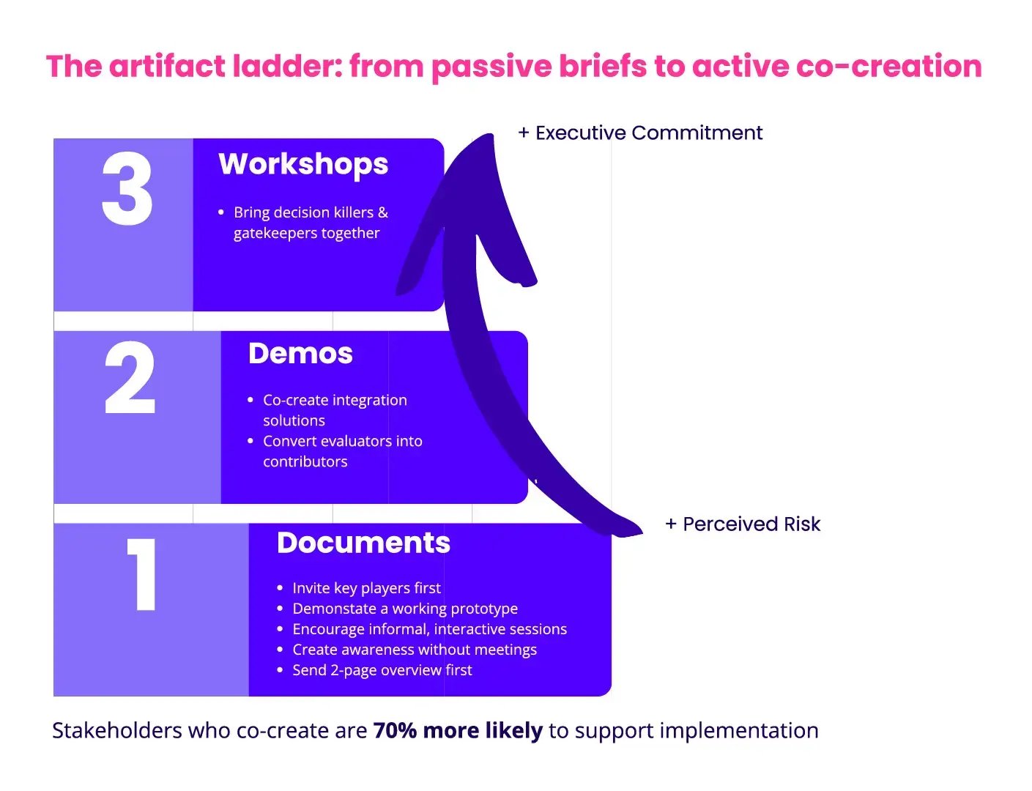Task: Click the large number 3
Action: click(127, 189)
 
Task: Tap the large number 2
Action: click(130, 378)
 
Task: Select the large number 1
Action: click(143, 574)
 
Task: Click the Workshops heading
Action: click(303, 165)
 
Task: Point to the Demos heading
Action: click(300, 354)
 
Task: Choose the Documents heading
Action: click(363, 543)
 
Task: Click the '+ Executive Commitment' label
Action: click(640, 133)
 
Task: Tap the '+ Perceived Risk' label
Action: click(743, 524)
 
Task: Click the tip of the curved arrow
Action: click(486, 139)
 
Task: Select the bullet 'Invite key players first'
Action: click(366, 588)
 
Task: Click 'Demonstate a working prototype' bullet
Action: click(404, 609)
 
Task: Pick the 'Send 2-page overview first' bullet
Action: click(382, 670)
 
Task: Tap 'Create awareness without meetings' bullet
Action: click(414, 650)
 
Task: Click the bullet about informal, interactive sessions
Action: click(429, 629)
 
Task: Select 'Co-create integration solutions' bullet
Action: click(335, 410)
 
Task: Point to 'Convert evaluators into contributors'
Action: click(342, 451)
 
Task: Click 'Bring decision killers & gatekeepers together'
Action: click(310, 223)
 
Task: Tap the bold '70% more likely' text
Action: click(458, 730)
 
